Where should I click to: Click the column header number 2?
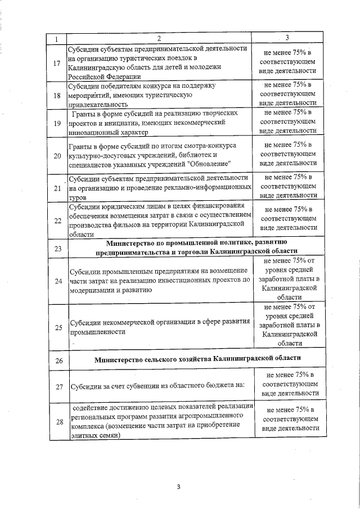click(159, 39)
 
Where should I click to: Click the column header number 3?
click(287, 38)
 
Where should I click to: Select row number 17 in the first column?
click(56, 62)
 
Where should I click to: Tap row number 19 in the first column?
click(56, 123)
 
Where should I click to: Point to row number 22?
click(56, 220)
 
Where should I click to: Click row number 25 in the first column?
click(56, 327)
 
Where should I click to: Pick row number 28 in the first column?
click(56, 422)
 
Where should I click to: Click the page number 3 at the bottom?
click(178, 487)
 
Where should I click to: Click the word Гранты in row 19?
click(84, 113)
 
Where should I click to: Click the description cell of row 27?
click(159, 386)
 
